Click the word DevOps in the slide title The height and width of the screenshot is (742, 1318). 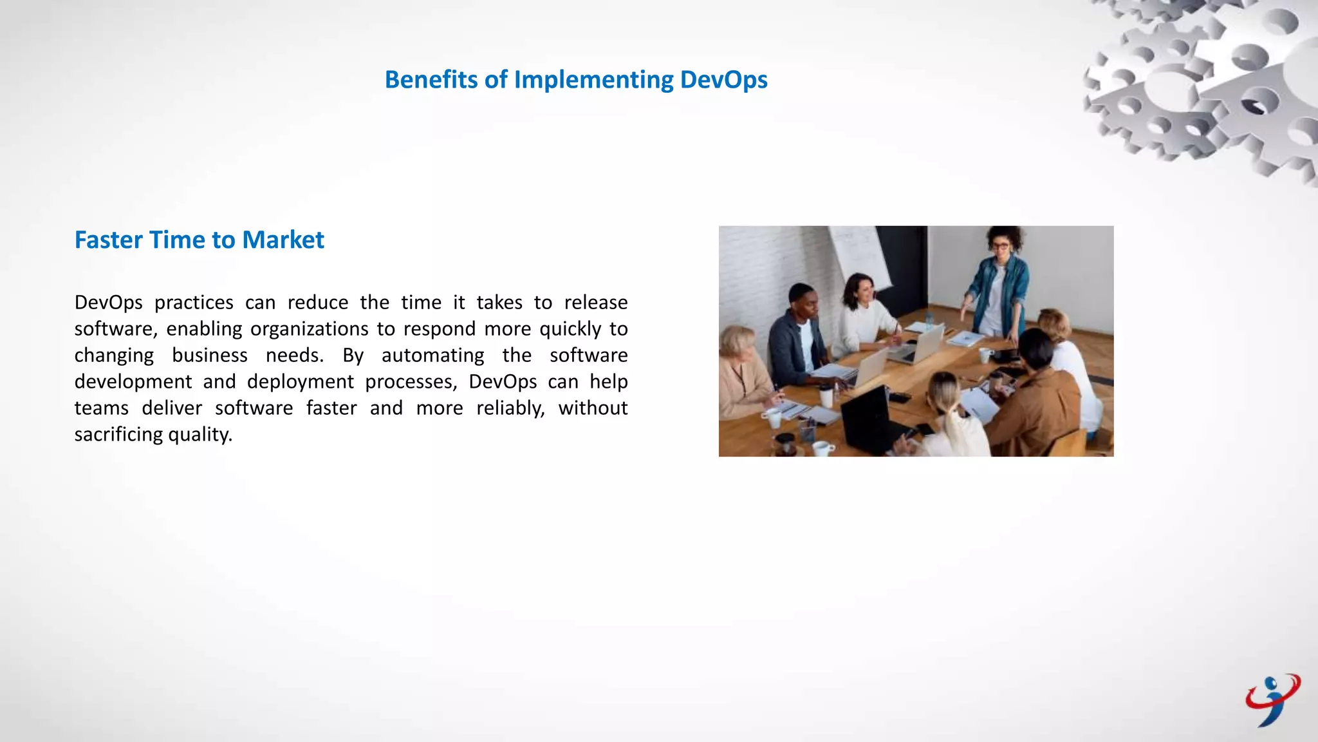pyautogui.click(x=723, y=80)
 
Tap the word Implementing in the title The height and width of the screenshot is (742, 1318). pyautogui.click(x=593, y=80)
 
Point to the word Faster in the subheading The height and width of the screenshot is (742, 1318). pyautogui.click(x=108, y=240)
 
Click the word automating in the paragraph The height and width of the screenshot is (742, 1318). pyautogui.click(x=432, y=355)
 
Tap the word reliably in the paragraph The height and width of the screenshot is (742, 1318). pyautogui.click(x=510, y=408)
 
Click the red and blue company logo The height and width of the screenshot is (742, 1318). pyautogui.click(x=1272, y=700)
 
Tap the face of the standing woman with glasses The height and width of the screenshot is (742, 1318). pyautogui.click(x=1000, y=247)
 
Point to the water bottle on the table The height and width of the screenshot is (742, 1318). pyautogui.click(x=929, y=320)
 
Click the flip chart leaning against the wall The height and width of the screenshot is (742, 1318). pyautogui.click(x=859, y=258)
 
